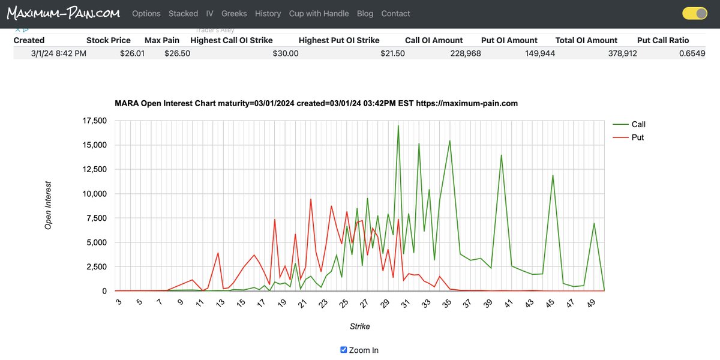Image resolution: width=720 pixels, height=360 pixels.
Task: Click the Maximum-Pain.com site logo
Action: tap(63, 13)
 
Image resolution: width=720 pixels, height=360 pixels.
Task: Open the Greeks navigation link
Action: tap(234, 13)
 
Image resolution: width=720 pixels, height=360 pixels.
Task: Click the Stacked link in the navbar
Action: tap(183, 13)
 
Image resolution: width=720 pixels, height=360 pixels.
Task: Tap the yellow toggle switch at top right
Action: tap(695, 13)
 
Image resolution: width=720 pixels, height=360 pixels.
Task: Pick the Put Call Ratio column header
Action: tap(662, 40)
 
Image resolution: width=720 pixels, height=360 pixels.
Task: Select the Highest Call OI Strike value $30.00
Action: tap(285, 53)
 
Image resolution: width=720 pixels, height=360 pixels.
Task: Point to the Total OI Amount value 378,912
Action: tap(618, 53)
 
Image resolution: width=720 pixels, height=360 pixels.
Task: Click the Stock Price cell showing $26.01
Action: tap(132, 53)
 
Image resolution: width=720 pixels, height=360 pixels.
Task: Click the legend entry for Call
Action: tap(638, 124)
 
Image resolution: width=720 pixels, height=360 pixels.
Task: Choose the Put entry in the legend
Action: tap(637, 137)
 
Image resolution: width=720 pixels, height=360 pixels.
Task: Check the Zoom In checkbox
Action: tap(344, 350)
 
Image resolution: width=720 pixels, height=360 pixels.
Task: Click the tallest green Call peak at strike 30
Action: tap(398, 126)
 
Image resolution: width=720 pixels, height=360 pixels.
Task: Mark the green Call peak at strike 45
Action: tap(553, 176)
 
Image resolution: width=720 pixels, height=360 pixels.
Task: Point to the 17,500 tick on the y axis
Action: tap(94, 121)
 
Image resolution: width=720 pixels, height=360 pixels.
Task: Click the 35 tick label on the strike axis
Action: tap(447, 304)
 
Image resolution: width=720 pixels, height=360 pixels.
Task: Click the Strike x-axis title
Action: tap(359, 326)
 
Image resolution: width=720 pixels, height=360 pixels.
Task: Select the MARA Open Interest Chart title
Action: tap(316, 103)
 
